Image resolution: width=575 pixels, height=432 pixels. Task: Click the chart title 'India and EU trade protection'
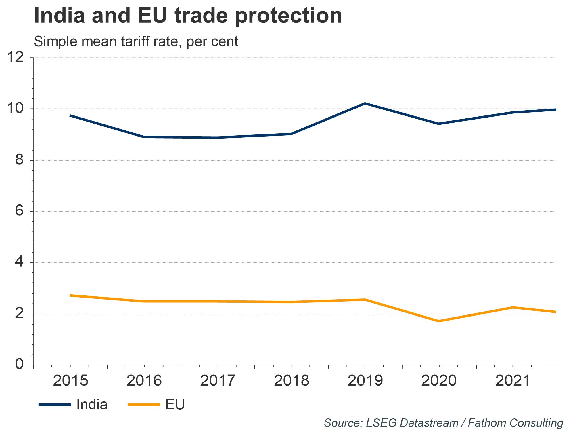click(x=188, y=16)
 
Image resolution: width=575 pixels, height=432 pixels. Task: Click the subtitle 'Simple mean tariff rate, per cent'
click(x=136, y=42)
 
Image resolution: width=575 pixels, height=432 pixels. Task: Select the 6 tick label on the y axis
click(x=19, y=211)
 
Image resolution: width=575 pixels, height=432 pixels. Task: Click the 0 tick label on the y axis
click(x=19, y=365)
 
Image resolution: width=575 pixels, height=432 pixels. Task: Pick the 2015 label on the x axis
click(x=70, y=381)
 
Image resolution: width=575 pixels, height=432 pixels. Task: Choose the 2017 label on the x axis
click(x=218, y=381)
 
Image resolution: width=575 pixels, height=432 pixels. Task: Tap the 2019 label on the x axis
click(x=365, y=381)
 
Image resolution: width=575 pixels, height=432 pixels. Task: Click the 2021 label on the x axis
click(x=513, y=381)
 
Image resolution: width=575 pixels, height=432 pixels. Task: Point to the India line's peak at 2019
click(x=365, y=103)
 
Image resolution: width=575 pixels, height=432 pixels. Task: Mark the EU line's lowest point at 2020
click(x=439, y=321)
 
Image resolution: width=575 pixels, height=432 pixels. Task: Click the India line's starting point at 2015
click(x=70, y=115)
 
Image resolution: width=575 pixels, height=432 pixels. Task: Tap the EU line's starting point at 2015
click(x=70, y=295)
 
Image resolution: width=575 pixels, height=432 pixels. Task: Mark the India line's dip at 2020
click(x=439, y=124)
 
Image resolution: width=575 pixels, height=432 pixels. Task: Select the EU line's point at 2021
click(x=513, y=307)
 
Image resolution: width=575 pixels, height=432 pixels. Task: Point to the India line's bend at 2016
click(x=144, y=137)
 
